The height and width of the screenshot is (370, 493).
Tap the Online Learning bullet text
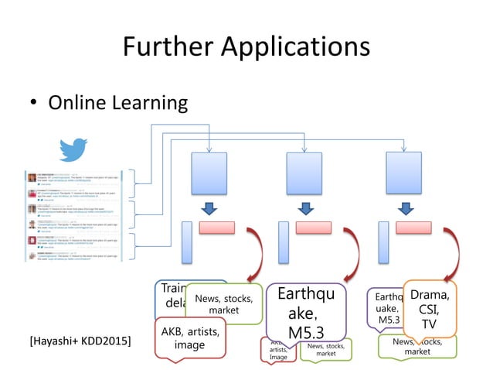click(x=118, y=102)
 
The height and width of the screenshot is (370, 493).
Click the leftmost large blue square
click(x=209, y=173)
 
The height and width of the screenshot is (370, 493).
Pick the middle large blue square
click(x=304, y=173)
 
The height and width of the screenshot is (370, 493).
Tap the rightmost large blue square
click(x=403, y=173)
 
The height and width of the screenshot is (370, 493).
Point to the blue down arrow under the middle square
click(x=306, y=208)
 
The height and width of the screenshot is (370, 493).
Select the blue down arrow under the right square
click(x=404, y=208)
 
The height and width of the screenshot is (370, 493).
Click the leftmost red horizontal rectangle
click(x=216, y=228)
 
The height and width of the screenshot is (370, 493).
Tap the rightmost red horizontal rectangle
click(x=413, y=228)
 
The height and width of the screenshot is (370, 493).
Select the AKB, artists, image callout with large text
click(x=189, y=337)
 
